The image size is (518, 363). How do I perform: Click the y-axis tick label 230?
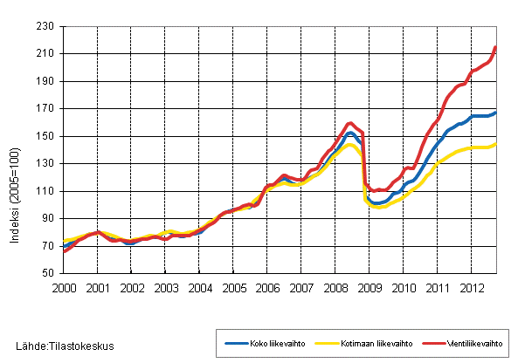46,26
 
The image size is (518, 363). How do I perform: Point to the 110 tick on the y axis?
46,191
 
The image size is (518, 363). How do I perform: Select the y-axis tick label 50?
49,273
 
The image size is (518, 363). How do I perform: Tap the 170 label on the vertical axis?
46,109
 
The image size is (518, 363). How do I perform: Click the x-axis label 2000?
63,287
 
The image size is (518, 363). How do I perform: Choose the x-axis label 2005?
233,287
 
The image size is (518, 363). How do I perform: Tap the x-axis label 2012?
472,287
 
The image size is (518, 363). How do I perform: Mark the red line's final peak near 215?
495,47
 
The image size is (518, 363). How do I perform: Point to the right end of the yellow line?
496,144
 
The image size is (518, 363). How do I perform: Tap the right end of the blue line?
496,113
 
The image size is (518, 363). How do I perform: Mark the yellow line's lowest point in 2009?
377,207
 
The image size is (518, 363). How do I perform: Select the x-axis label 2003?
165,287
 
